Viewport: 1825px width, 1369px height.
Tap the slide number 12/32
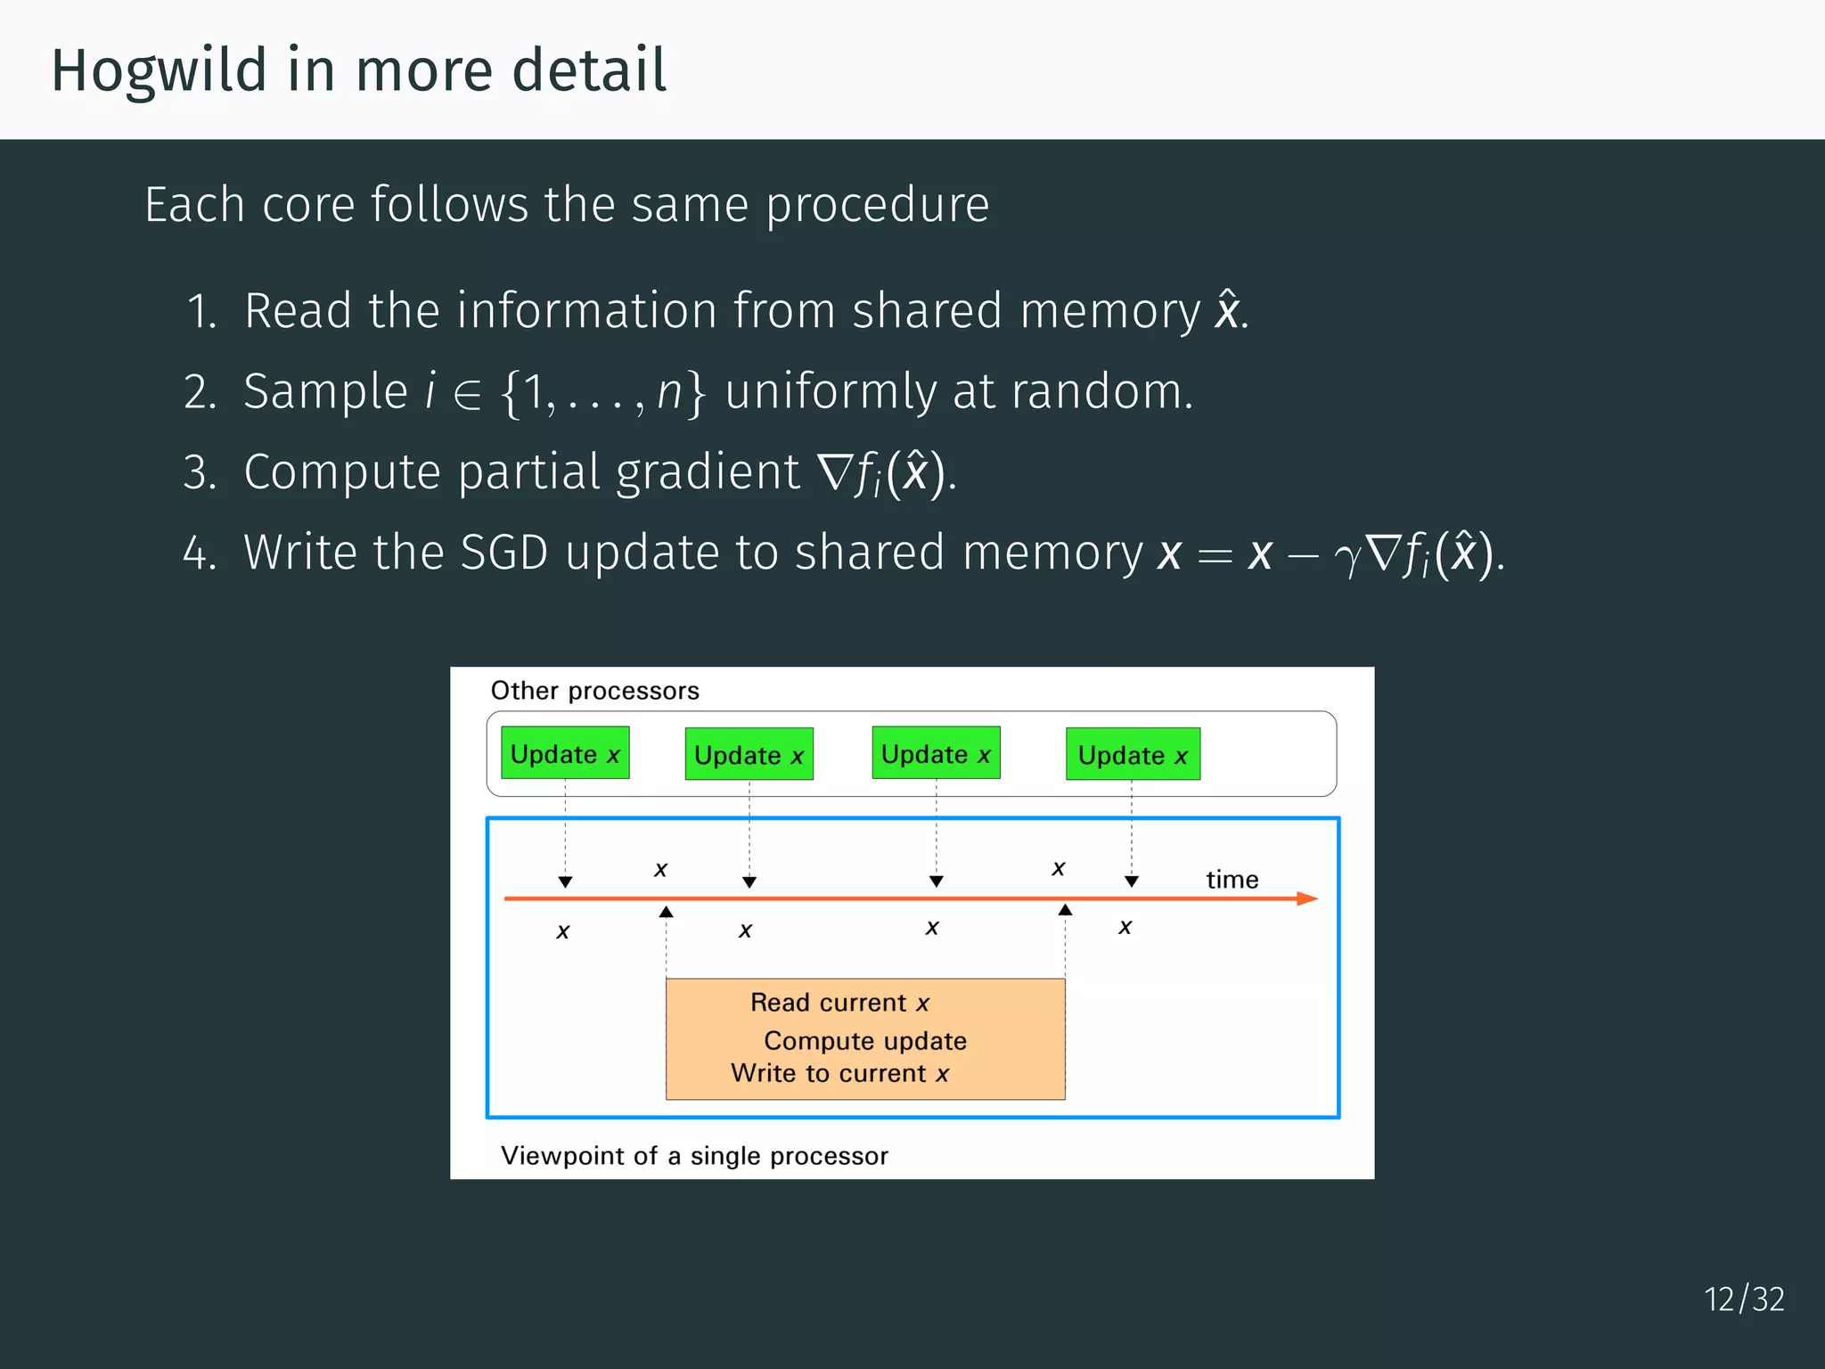(x=1744, y=1299)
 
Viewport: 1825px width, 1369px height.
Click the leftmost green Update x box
(x=565, y=753)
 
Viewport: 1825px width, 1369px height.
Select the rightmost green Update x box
(x=1133, y=755)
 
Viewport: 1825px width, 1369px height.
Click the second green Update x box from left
(x=749, y=755)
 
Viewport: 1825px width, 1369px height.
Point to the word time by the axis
(x=1232, y=880)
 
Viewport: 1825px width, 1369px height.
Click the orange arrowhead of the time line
(x=1307, y=898)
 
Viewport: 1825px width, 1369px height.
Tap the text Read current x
(x=839, y=1003)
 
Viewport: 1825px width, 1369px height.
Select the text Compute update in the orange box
(x=864, y=1041)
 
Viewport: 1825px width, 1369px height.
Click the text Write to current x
(x=839, y=1073)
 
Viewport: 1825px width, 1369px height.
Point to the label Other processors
(x=594, y=691)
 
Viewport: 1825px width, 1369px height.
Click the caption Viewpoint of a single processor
(x=694, y=1156)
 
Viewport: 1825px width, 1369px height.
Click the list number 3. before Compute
(x=200, y=472)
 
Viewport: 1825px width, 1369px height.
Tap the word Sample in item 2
(x=325, y=392)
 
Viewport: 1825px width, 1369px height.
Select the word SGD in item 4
(x=503, y=553)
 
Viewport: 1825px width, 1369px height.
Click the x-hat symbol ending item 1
(x=1227, y=311)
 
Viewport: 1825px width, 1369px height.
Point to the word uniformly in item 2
(x=831, y=392)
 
